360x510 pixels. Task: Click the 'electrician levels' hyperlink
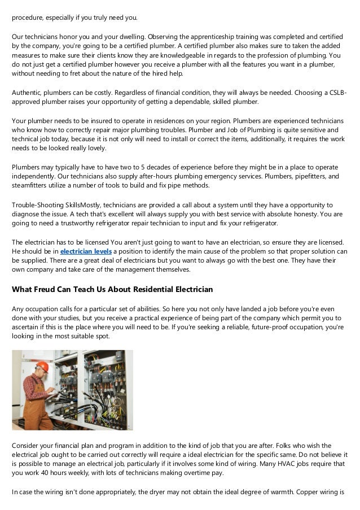click(86, 250)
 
